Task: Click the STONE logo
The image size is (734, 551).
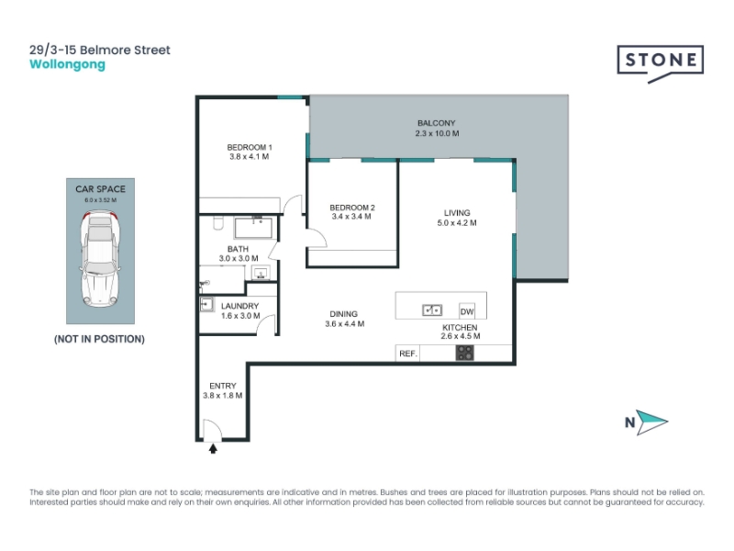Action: coord(660,63)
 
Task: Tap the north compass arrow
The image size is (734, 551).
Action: coord(651,422)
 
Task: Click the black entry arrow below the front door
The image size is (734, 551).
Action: coord(213,449)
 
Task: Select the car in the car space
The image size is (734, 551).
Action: coord(100,258)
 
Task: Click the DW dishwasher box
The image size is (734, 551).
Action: coord(467,311)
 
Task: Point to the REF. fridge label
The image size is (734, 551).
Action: coord(408,354)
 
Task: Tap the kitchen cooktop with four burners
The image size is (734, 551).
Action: coord(465,353)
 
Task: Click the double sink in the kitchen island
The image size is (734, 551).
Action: coord(432,310)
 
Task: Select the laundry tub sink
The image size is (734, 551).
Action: coord(206,305)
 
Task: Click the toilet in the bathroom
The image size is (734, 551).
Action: coord(218,222)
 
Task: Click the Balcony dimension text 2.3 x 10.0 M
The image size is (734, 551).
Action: coord(438,133)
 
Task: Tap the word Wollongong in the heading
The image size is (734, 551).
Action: coord(67,64)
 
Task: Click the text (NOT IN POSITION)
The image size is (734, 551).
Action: coord(99,339)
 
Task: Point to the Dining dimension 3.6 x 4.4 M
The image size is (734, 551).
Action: coord(345,324)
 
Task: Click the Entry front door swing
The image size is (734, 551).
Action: coord(212,430)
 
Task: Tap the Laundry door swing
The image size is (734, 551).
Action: coord(266,325)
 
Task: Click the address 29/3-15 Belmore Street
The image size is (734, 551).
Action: coord(100,51)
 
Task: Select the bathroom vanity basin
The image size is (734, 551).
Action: coord(261,273)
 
